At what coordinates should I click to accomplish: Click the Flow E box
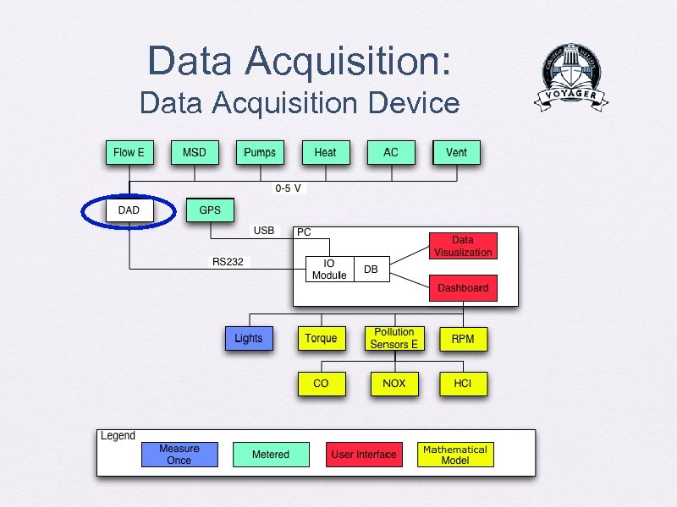click(x=129, y=152)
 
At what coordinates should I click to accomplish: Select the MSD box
click(x=194, y=152)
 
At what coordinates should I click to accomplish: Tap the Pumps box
click(x=260, y=152)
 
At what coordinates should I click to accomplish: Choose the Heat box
click(x=325, y=152)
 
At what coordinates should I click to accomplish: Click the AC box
click(x=391, y=152)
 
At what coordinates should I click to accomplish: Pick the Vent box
click(x=456, y=152)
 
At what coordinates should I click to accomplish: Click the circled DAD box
click(x=129, y=210)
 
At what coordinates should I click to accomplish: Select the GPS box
click(x=209, y=210)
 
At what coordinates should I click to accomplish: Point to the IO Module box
click(x=329, y=269)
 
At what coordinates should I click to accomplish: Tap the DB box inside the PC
click(x=371, y=269)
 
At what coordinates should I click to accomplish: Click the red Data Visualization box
click(x=463, y=246)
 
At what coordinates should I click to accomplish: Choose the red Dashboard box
click(x=463, y=288)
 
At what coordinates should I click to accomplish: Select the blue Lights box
click(x=249, y=338)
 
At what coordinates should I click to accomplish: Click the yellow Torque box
click(x=321, y=338)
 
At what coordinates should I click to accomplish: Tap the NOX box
click(x=394, y=383)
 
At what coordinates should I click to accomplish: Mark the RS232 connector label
click(x=228, y=262)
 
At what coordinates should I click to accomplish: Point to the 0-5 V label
click(x=288, y=188)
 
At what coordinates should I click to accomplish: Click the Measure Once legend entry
click(x=179, y=455)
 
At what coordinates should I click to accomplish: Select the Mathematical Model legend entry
click(x=454, y=455)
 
